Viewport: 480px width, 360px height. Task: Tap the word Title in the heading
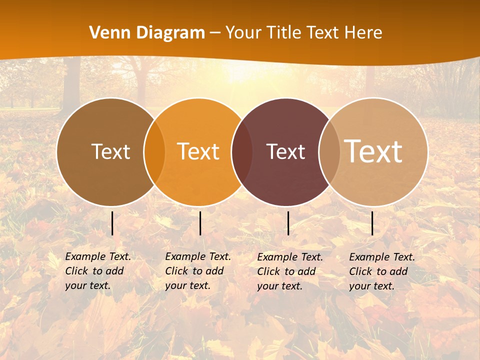point(282,33)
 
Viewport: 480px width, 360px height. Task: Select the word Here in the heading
point(363,33)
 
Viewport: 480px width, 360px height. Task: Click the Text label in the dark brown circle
point(110,151)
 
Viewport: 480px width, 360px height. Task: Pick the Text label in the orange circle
point(198,151)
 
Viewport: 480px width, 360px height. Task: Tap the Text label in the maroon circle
point(286,151)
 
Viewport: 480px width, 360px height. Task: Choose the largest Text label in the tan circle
point(373,151)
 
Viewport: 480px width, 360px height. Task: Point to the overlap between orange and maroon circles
point(242,152)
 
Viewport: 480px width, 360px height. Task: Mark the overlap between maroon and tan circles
point(329,152)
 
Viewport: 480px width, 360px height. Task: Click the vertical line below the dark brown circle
point(112,223)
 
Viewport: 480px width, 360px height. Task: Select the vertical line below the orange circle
point(200,223)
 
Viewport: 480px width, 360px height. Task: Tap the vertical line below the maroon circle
point(288,223)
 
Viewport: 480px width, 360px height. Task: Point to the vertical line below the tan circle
point(372,223)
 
